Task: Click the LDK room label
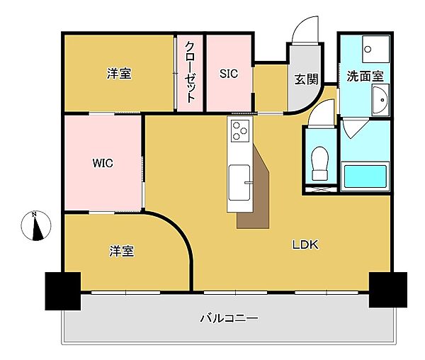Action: [x=306, y=245]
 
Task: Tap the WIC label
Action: [x=103, y=162]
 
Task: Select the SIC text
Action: [x=227, y=73]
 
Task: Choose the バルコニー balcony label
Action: [x=228, y=318]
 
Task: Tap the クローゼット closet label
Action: [x=190, y=72]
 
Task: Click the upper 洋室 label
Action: [x=119, y=73]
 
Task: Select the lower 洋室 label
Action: [x=122, y=251]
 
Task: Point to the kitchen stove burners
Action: [x=239, y=130]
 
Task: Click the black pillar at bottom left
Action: [x=63, y=291]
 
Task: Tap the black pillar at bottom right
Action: [x=387, y=289]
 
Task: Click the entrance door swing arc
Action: [x=302, y=28]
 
